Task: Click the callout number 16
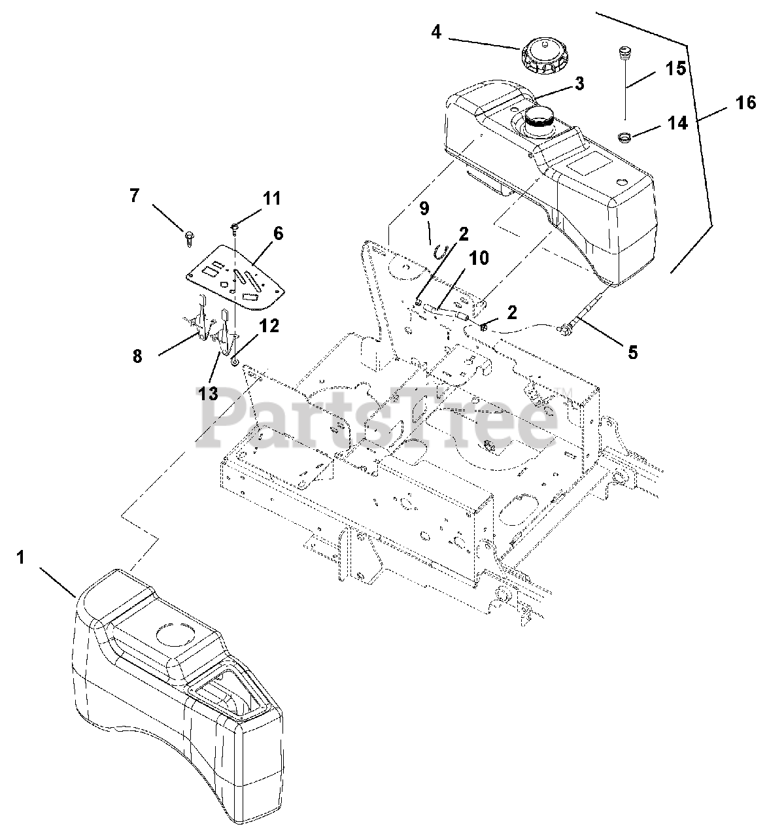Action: pos(745,103)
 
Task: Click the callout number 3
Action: pos(579,84)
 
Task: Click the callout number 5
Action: pos(632,352)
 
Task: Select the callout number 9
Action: pos(424,210)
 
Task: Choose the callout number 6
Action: pos(279,233)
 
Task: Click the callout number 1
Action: pos(21,558)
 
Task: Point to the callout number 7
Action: pos(135,196)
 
